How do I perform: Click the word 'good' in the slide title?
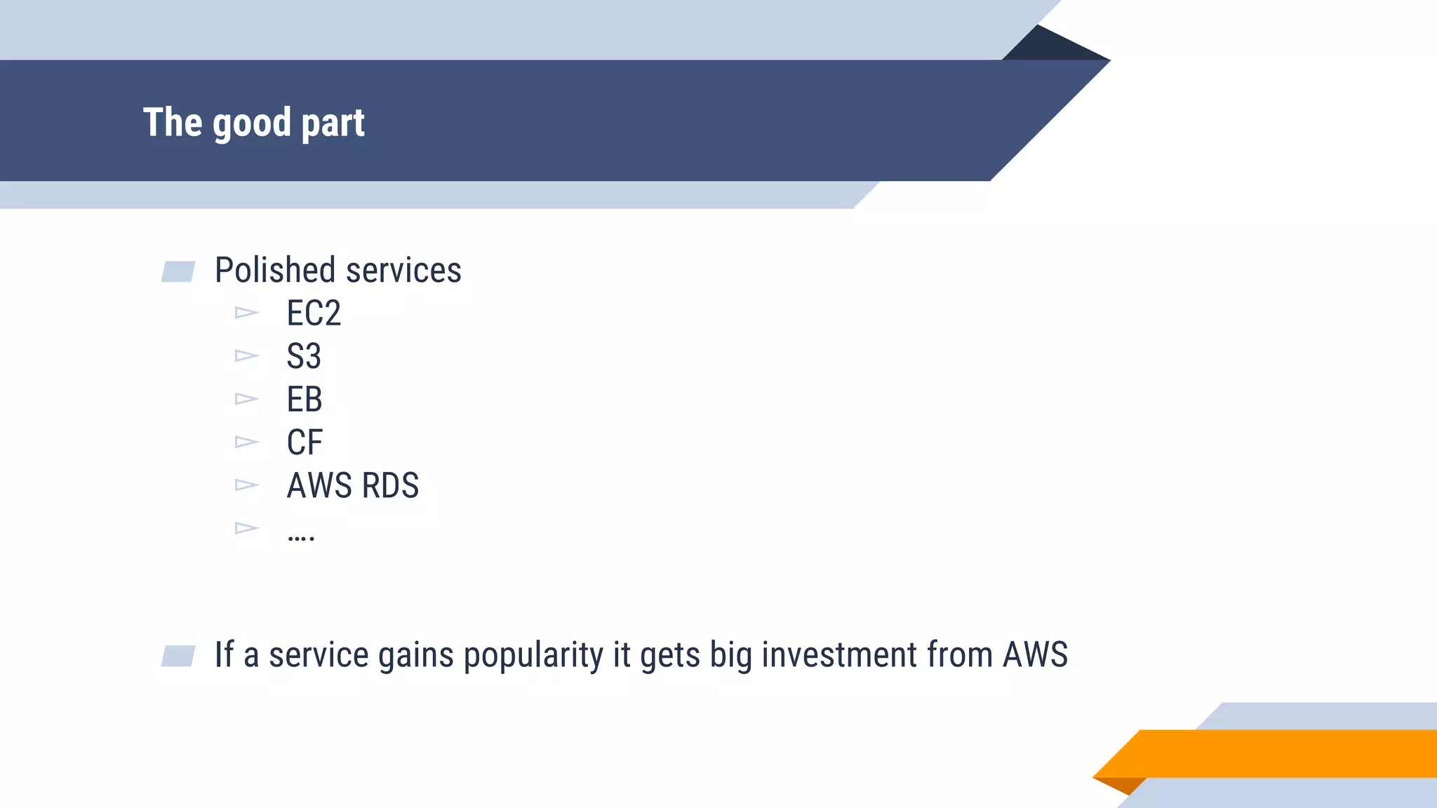tap(251, 124)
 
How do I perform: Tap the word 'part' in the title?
tap(333, 124)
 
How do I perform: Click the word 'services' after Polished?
tap(403, 270)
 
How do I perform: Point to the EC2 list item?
tap(314, 314)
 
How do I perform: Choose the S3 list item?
tap(304, 356)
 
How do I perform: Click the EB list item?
tap(305, 400)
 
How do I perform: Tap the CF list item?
tap(305, 443)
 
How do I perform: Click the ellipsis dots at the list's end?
tap(301, 537)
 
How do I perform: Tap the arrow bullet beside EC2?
tap(246, 312)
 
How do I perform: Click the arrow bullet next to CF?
tap(246, 442)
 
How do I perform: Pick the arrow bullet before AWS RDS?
tap(246, 485)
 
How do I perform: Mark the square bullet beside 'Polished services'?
tap(178, 271)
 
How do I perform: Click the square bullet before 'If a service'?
tap(178, 656)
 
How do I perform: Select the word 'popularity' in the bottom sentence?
tap(533, 655)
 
